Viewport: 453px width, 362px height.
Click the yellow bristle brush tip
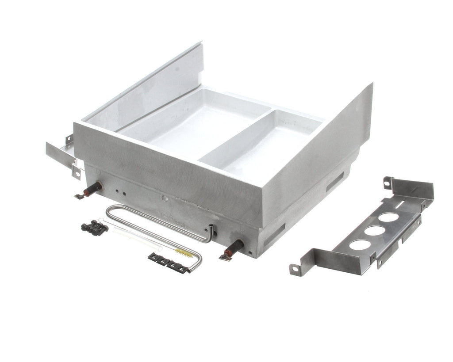182,253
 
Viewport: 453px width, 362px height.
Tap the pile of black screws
94,227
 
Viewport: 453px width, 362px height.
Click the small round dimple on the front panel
163,198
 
